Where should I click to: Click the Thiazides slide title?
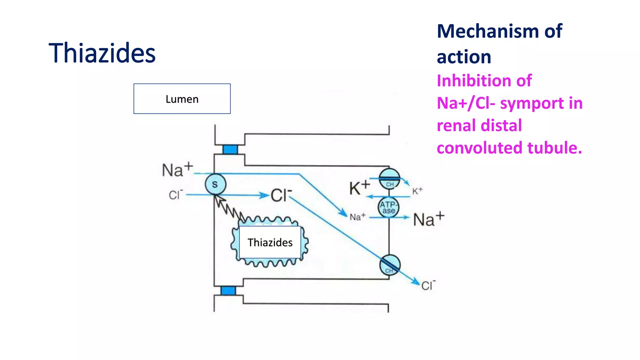(x=102, y=53)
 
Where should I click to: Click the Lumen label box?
(x=182, y=99)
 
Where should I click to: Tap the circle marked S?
(x=215, y=184)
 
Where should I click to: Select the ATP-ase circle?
(x=388, y=207)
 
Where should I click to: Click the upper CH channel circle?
(x=389, y=179)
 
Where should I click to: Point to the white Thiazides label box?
(x=270, y=242)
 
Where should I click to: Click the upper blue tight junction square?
(x=230, y=149)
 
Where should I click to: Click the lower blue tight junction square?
(x=228, y=291)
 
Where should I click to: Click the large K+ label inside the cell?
(x=359, y=188)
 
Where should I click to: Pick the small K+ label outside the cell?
(x=417, y=191)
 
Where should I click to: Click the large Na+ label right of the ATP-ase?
(x=428, y=219)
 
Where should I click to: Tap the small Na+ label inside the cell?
(x=357, y=217)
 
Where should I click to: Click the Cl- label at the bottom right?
(x=428, y=285)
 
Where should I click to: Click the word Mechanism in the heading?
(x=488, y=31)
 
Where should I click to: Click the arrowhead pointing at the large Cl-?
(x=264, y=196)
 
